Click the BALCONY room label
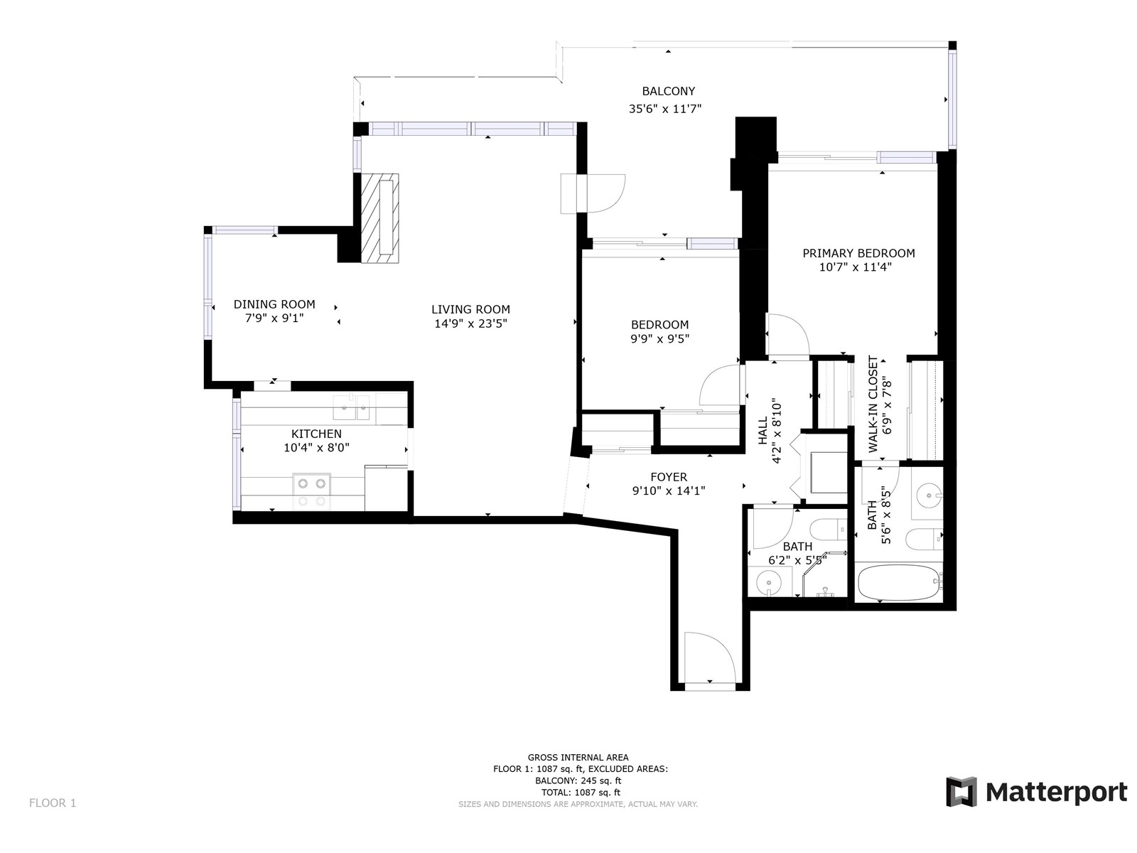point(668,91)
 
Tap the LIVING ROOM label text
point(470,309)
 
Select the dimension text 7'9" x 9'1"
point(274,318)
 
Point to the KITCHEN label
point(316,434)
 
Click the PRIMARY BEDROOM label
point(858,253)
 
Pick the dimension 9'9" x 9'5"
point(659,339)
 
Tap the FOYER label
point(669,476)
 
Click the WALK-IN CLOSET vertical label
point(873,404)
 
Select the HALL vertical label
point(763,431)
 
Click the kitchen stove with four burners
point(312,491)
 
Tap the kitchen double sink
point(351,407)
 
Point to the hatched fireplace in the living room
point(379,218)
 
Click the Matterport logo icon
point(961,792)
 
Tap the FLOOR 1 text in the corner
point(53,803)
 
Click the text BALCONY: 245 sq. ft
point(578,780)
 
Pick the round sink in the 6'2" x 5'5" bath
point(768,583)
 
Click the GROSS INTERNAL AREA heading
point(578,757)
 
